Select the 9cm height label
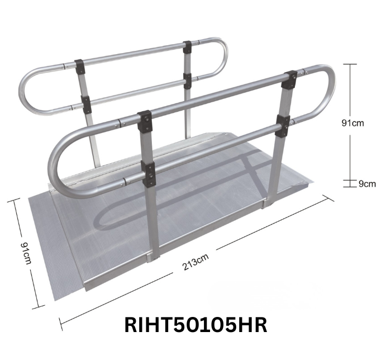point(366,183)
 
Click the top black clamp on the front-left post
point(145,120)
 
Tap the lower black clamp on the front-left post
point(149,174)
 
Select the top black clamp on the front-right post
point(290,79)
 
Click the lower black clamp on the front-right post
point(283,125)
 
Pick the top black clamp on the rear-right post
point(187,46)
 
